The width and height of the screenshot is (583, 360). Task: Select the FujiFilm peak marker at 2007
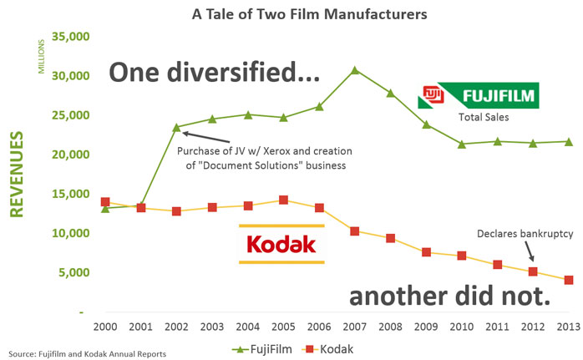[x=354, y=69]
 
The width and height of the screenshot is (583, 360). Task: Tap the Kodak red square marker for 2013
[x=569, y=280]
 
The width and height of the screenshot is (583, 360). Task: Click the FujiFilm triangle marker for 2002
[x=176, y=127]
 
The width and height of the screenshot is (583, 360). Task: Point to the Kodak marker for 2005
[x=283, y=200]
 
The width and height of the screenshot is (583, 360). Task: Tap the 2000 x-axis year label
[x=105, y=326]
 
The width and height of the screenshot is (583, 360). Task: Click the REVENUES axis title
[x=16, y=172]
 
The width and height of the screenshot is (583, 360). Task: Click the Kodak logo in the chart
[x=281, y=244]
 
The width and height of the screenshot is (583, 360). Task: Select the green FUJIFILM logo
[x=479, y=95]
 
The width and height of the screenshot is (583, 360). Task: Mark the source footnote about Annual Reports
[x=86, y=353]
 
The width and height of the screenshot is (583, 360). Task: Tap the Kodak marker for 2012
[x=533, y=271]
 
